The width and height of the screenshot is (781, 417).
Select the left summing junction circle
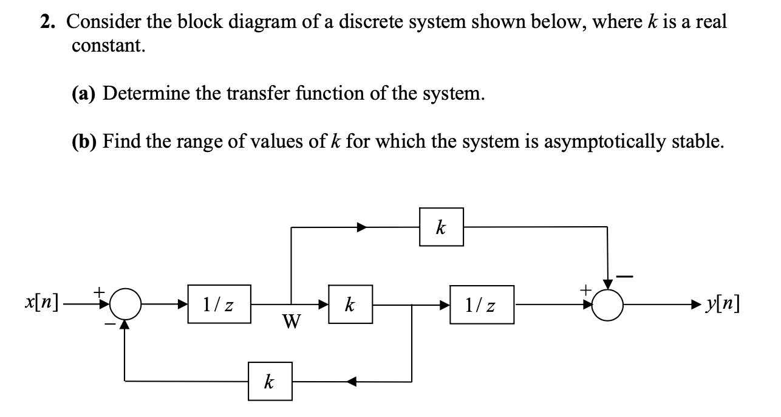(125, 304)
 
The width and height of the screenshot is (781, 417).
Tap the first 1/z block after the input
(219, 304)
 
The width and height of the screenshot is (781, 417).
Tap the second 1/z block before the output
(482, 304)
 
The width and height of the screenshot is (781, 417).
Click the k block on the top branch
(441, 227)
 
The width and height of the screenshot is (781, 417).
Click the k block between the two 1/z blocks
(350, 303)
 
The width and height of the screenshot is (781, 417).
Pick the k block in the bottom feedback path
(270, 381)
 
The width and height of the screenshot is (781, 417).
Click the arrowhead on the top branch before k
(362, 227)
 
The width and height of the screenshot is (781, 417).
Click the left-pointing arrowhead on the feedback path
(352, 382)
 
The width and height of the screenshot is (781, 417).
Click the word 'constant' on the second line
(109, 46)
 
